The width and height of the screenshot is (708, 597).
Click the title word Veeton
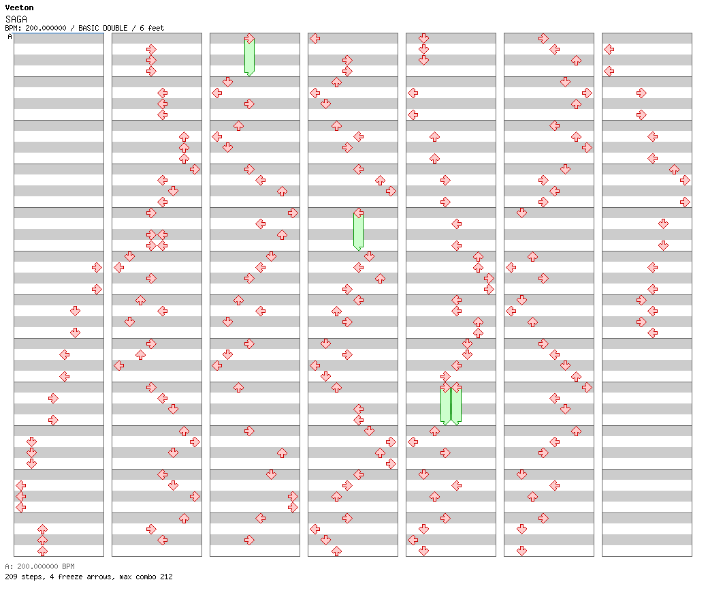[20, 7]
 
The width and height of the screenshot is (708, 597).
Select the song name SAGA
[16, 19]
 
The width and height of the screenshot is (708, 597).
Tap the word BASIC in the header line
[89, 28]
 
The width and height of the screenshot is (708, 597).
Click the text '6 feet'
[152, 28]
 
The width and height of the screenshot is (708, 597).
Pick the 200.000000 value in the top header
[46, 28]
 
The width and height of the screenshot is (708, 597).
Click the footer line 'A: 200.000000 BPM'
[39, 566]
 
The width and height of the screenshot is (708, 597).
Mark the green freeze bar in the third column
[249, 57]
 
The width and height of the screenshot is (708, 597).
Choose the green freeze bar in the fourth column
[358, 231]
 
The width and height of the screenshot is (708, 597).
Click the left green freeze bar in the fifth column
[445, 405]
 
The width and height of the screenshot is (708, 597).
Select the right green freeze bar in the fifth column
[457, 405]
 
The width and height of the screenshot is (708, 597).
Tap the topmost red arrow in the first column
[97, 268]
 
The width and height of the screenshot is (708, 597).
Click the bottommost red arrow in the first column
[42, 551]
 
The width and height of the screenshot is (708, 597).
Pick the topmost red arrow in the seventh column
[609, 49]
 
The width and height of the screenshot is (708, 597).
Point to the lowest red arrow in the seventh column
[652, 333]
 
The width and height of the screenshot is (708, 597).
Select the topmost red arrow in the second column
[151, 49]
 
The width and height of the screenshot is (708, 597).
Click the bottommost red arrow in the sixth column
[521, 551]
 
